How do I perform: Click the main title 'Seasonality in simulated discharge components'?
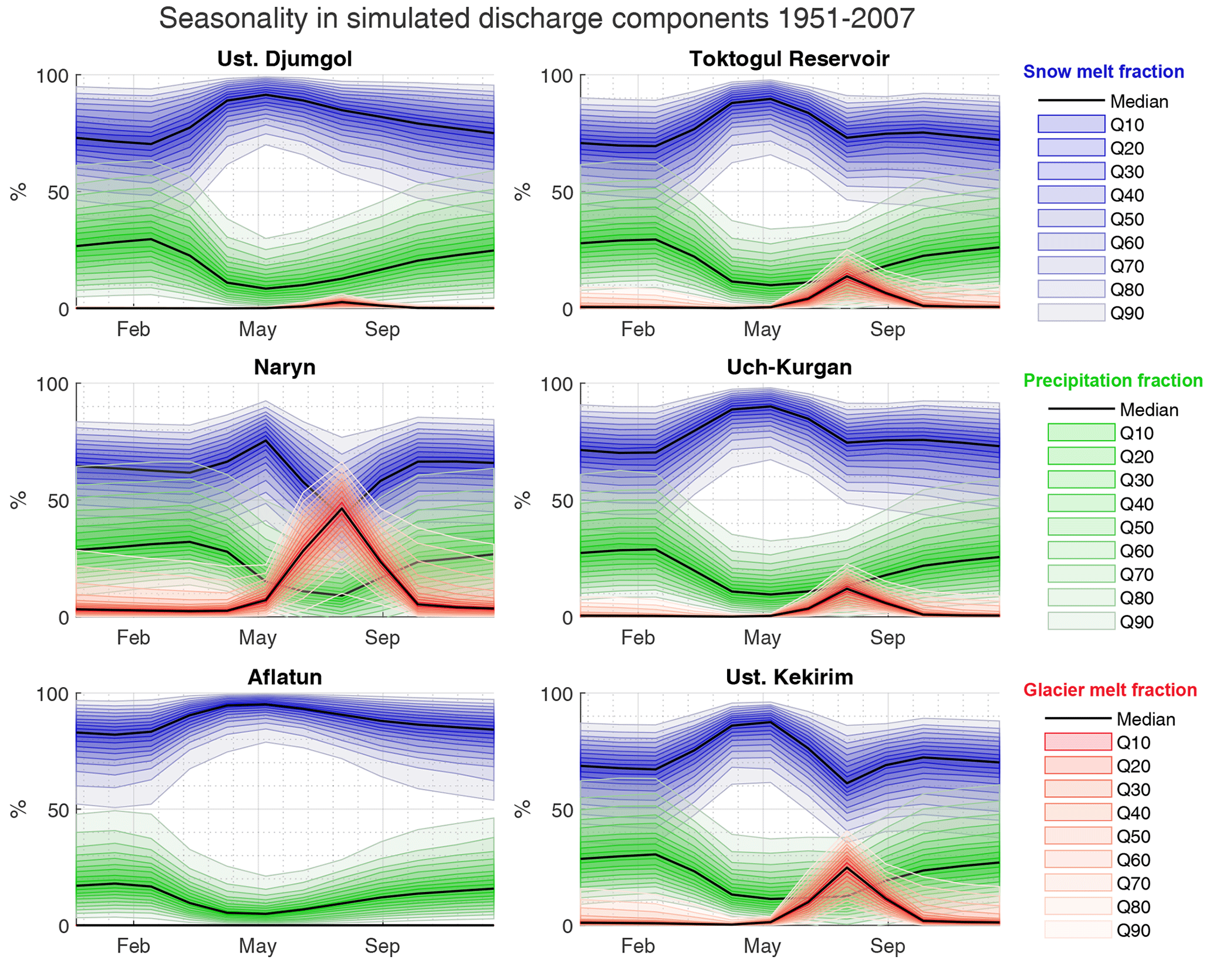pos(536,19)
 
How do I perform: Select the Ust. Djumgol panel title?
pos(285,59)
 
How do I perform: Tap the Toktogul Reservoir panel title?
pos(789,59)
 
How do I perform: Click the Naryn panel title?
pos(285,367)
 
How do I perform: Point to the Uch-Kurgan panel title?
pos(789,367)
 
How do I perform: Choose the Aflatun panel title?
pos(285,677)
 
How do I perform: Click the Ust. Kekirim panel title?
pos(789,677)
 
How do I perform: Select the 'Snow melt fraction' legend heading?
pos(1103,72)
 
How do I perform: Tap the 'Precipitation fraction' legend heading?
pos(1113,381)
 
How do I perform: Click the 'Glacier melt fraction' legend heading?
pos(1110,690)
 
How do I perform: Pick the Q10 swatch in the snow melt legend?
pos(1071,124)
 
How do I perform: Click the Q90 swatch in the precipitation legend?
pos(1081,621)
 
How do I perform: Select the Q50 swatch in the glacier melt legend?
pos(1078,836)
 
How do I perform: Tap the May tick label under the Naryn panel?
pos(258,638)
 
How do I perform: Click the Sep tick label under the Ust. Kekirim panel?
pos(887,946)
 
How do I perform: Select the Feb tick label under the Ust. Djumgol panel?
pos(133,329)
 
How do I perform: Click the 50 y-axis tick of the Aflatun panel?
pos(58,810)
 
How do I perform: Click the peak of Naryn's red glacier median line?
pos(342,508)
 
